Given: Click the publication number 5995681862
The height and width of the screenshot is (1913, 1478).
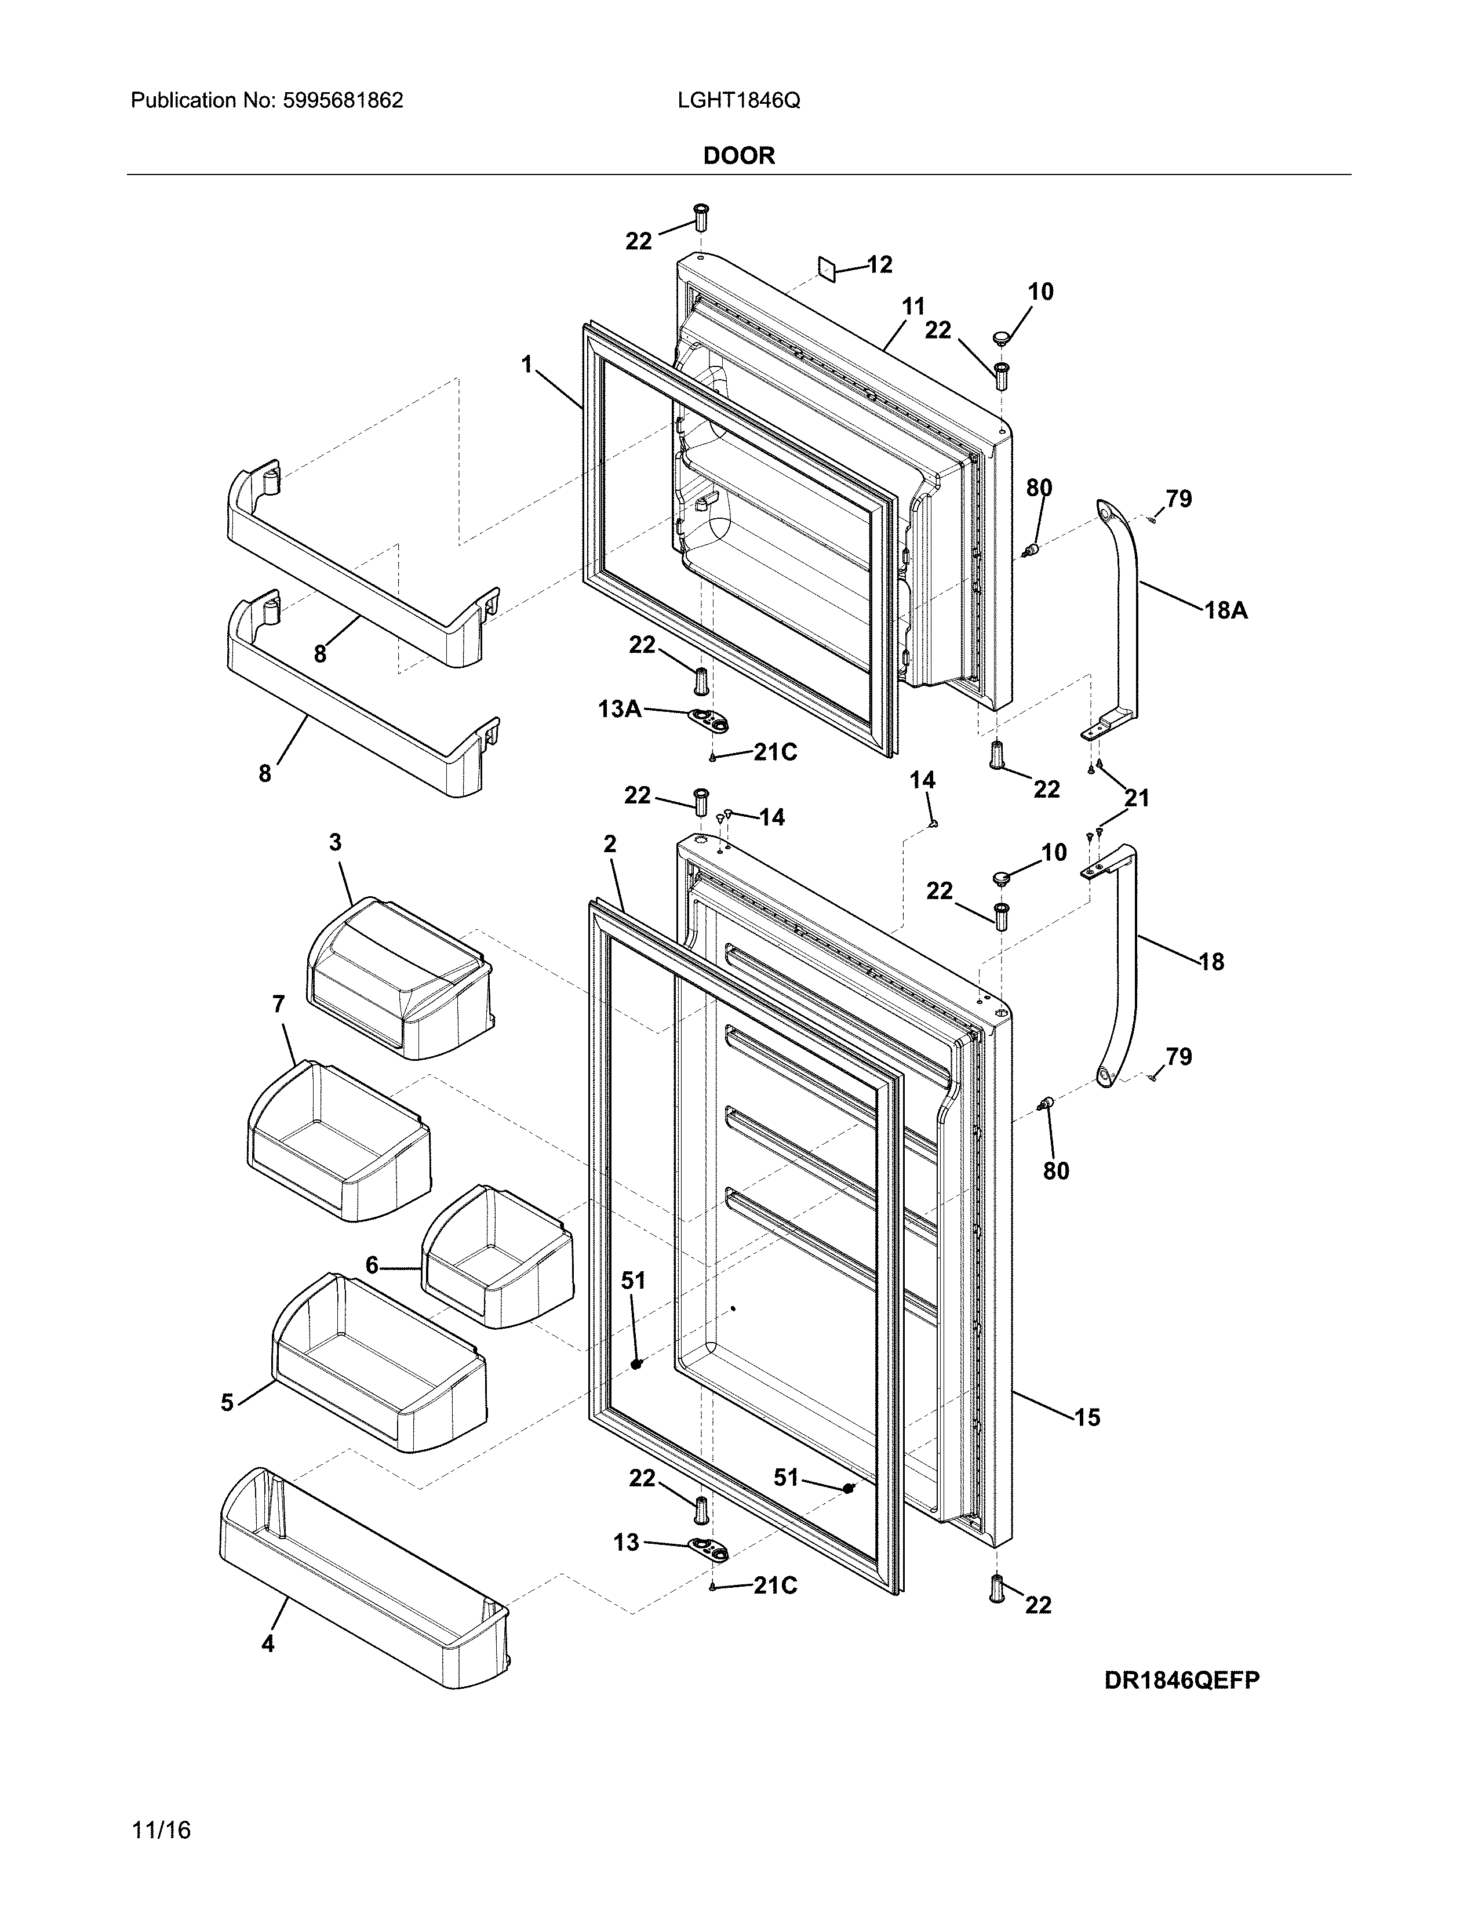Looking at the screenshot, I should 343,101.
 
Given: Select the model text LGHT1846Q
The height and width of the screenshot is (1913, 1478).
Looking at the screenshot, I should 738,101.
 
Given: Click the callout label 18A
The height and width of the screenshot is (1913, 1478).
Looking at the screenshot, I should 1225,610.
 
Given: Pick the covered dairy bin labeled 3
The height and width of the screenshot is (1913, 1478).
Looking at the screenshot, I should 398,977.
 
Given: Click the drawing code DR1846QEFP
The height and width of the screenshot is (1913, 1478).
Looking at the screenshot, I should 1181,1679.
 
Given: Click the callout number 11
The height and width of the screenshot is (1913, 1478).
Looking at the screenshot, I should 913,307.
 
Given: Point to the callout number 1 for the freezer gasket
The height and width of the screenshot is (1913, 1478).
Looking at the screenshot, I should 526,363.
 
